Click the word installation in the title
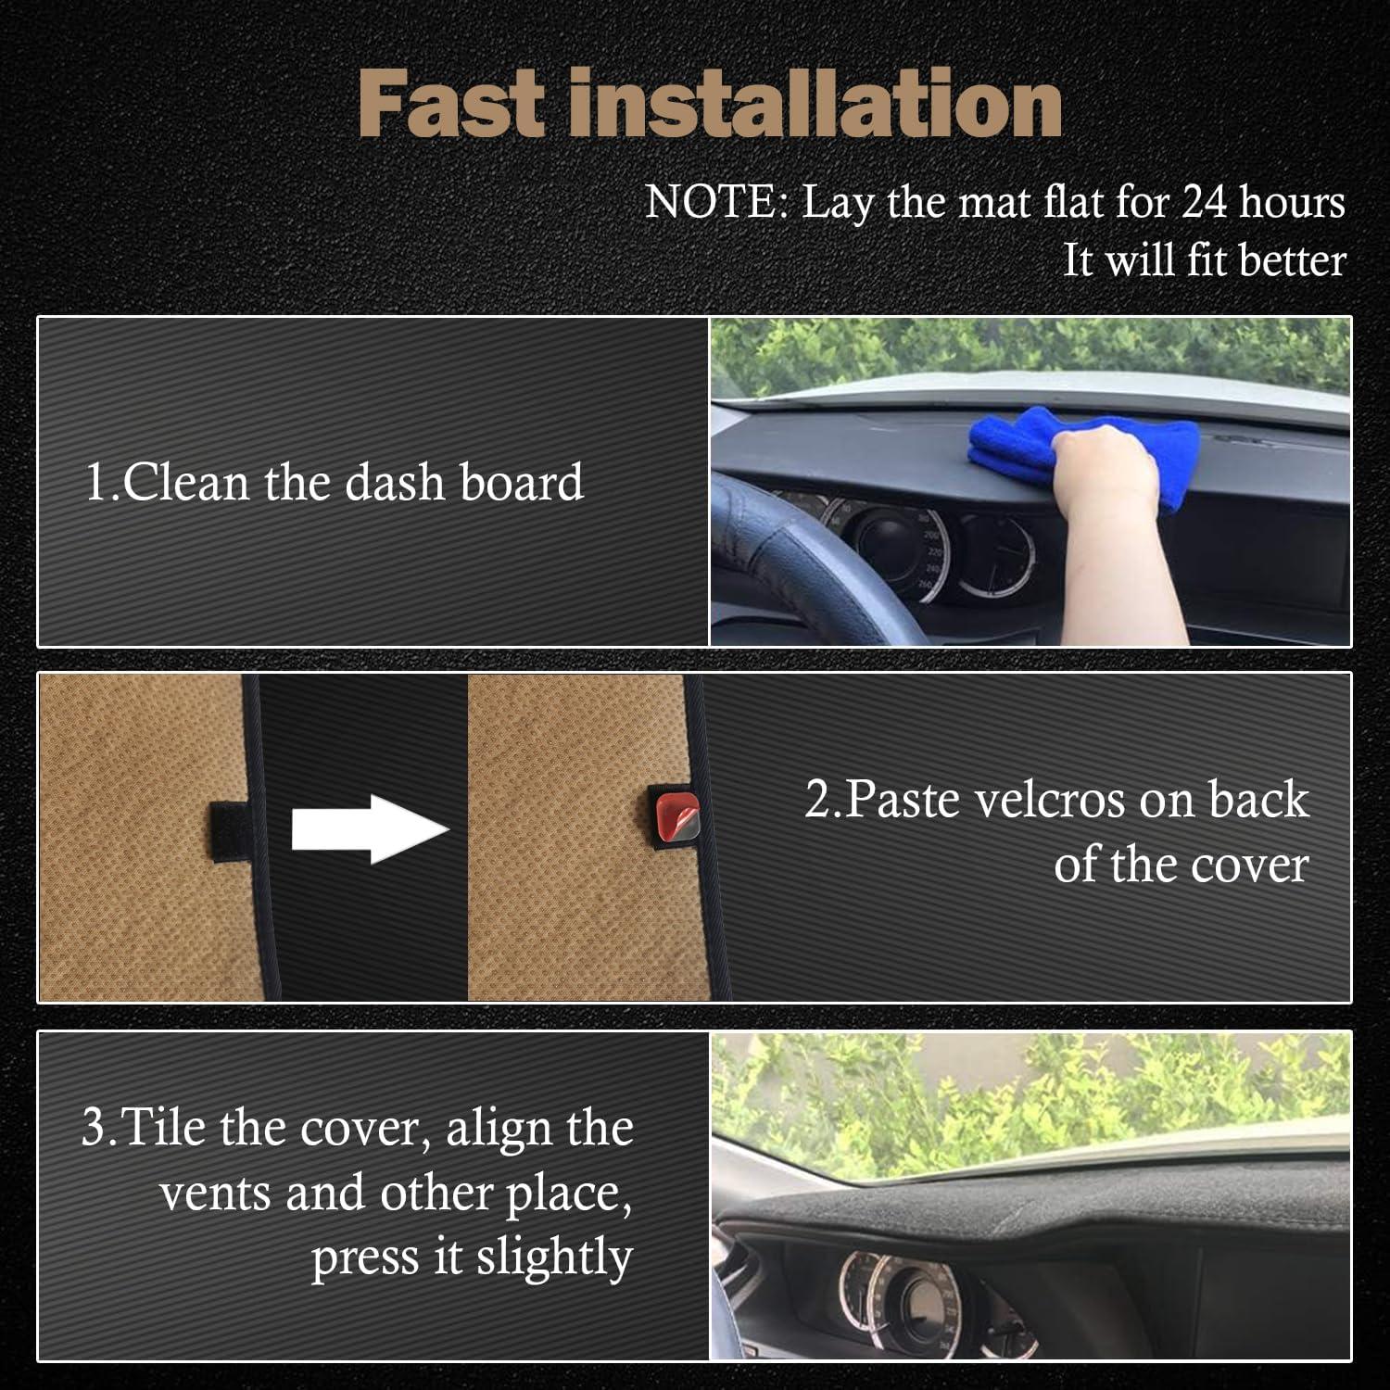click(x=815, y=104)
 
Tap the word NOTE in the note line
click(x=714, y=202)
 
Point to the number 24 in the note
click(x=1206, y=202)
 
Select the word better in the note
click(x=1292, y=260)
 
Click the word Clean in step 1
click(x=186, y=482)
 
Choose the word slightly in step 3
click(x=554, y=1258)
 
